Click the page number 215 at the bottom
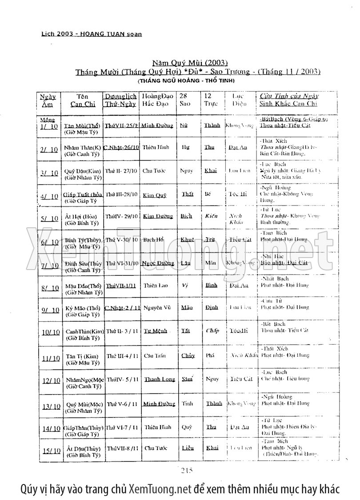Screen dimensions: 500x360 point(187,471)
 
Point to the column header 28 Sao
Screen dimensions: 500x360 point(184,100)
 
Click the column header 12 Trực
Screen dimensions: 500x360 point(208,100)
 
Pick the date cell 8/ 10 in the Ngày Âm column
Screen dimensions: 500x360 point(49,288)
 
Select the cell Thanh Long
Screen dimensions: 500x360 point(159,379)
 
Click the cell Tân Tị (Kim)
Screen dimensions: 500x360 point(81,357)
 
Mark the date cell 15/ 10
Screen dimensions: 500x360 point(50,451)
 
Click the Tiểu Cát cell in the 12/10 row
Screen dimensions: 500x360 point(241,379)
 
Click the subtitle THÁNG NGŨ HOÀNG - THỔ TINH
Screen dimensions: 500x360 point(186,81)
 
